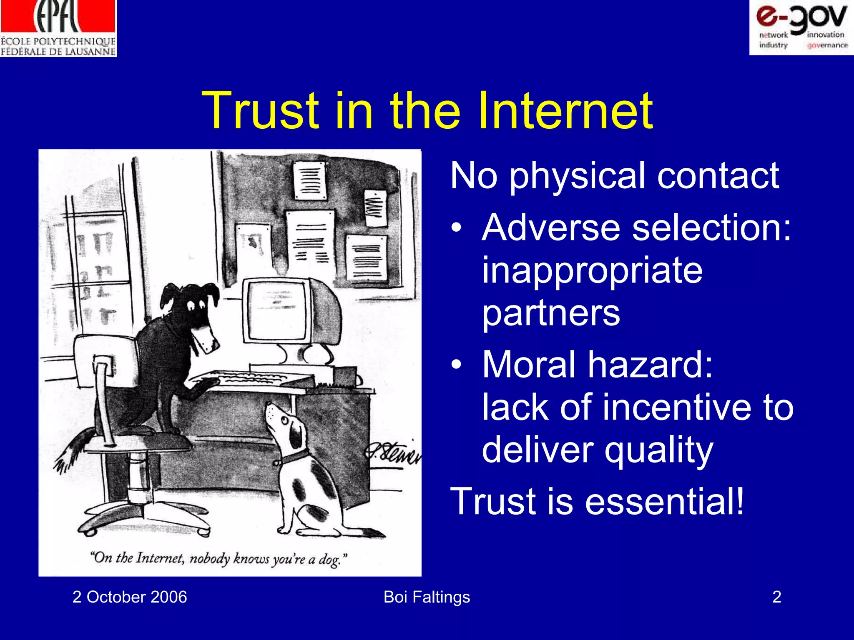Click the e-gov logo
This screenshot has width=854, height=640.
pos(801,27)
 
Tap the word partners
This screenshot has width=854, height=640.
pos(551,313)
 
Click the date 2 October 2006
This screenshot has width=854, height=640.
pos(130,597)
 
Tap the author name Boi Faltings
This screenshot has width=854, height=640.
pos(427,597)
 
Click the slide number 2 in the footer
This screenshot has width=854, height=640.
pos(776,597)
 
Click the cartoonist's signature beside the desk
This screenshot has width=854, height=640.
pos(392,454)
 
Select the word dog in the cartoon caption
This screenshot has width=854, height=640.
pos(330,560)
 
